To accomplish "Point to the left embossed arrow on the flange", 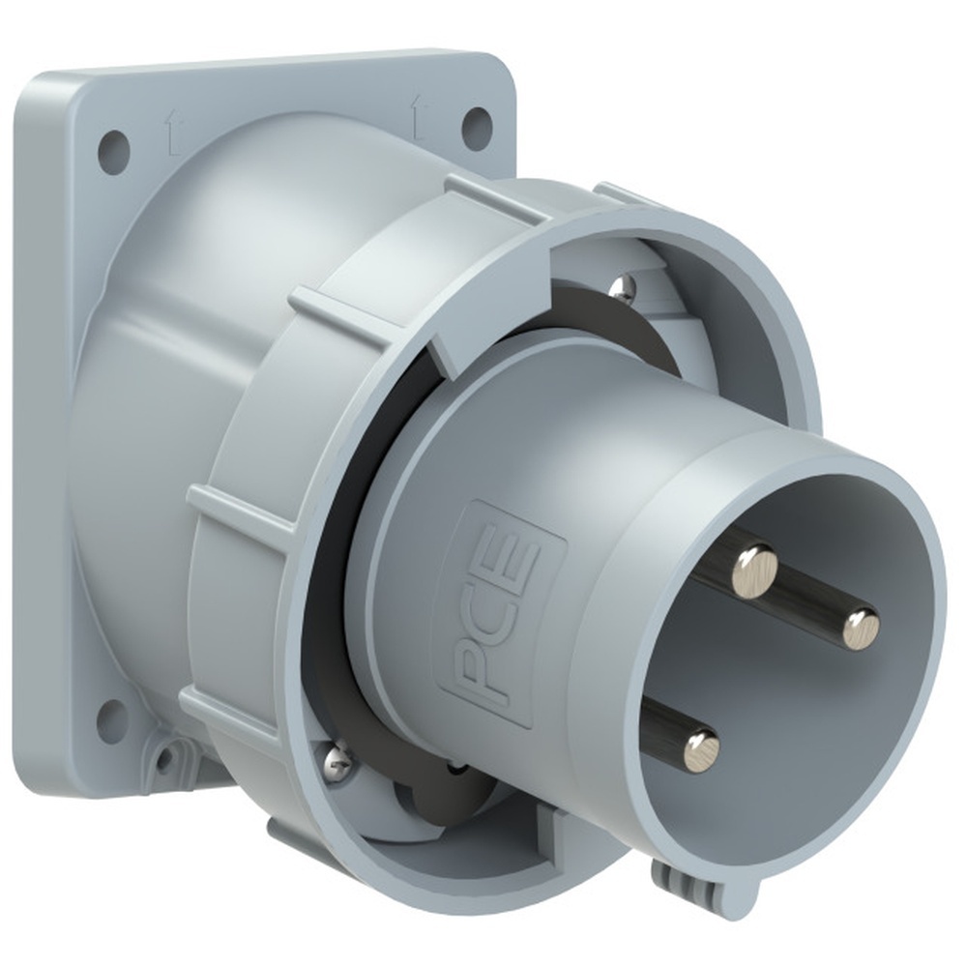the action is (168, 133).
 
